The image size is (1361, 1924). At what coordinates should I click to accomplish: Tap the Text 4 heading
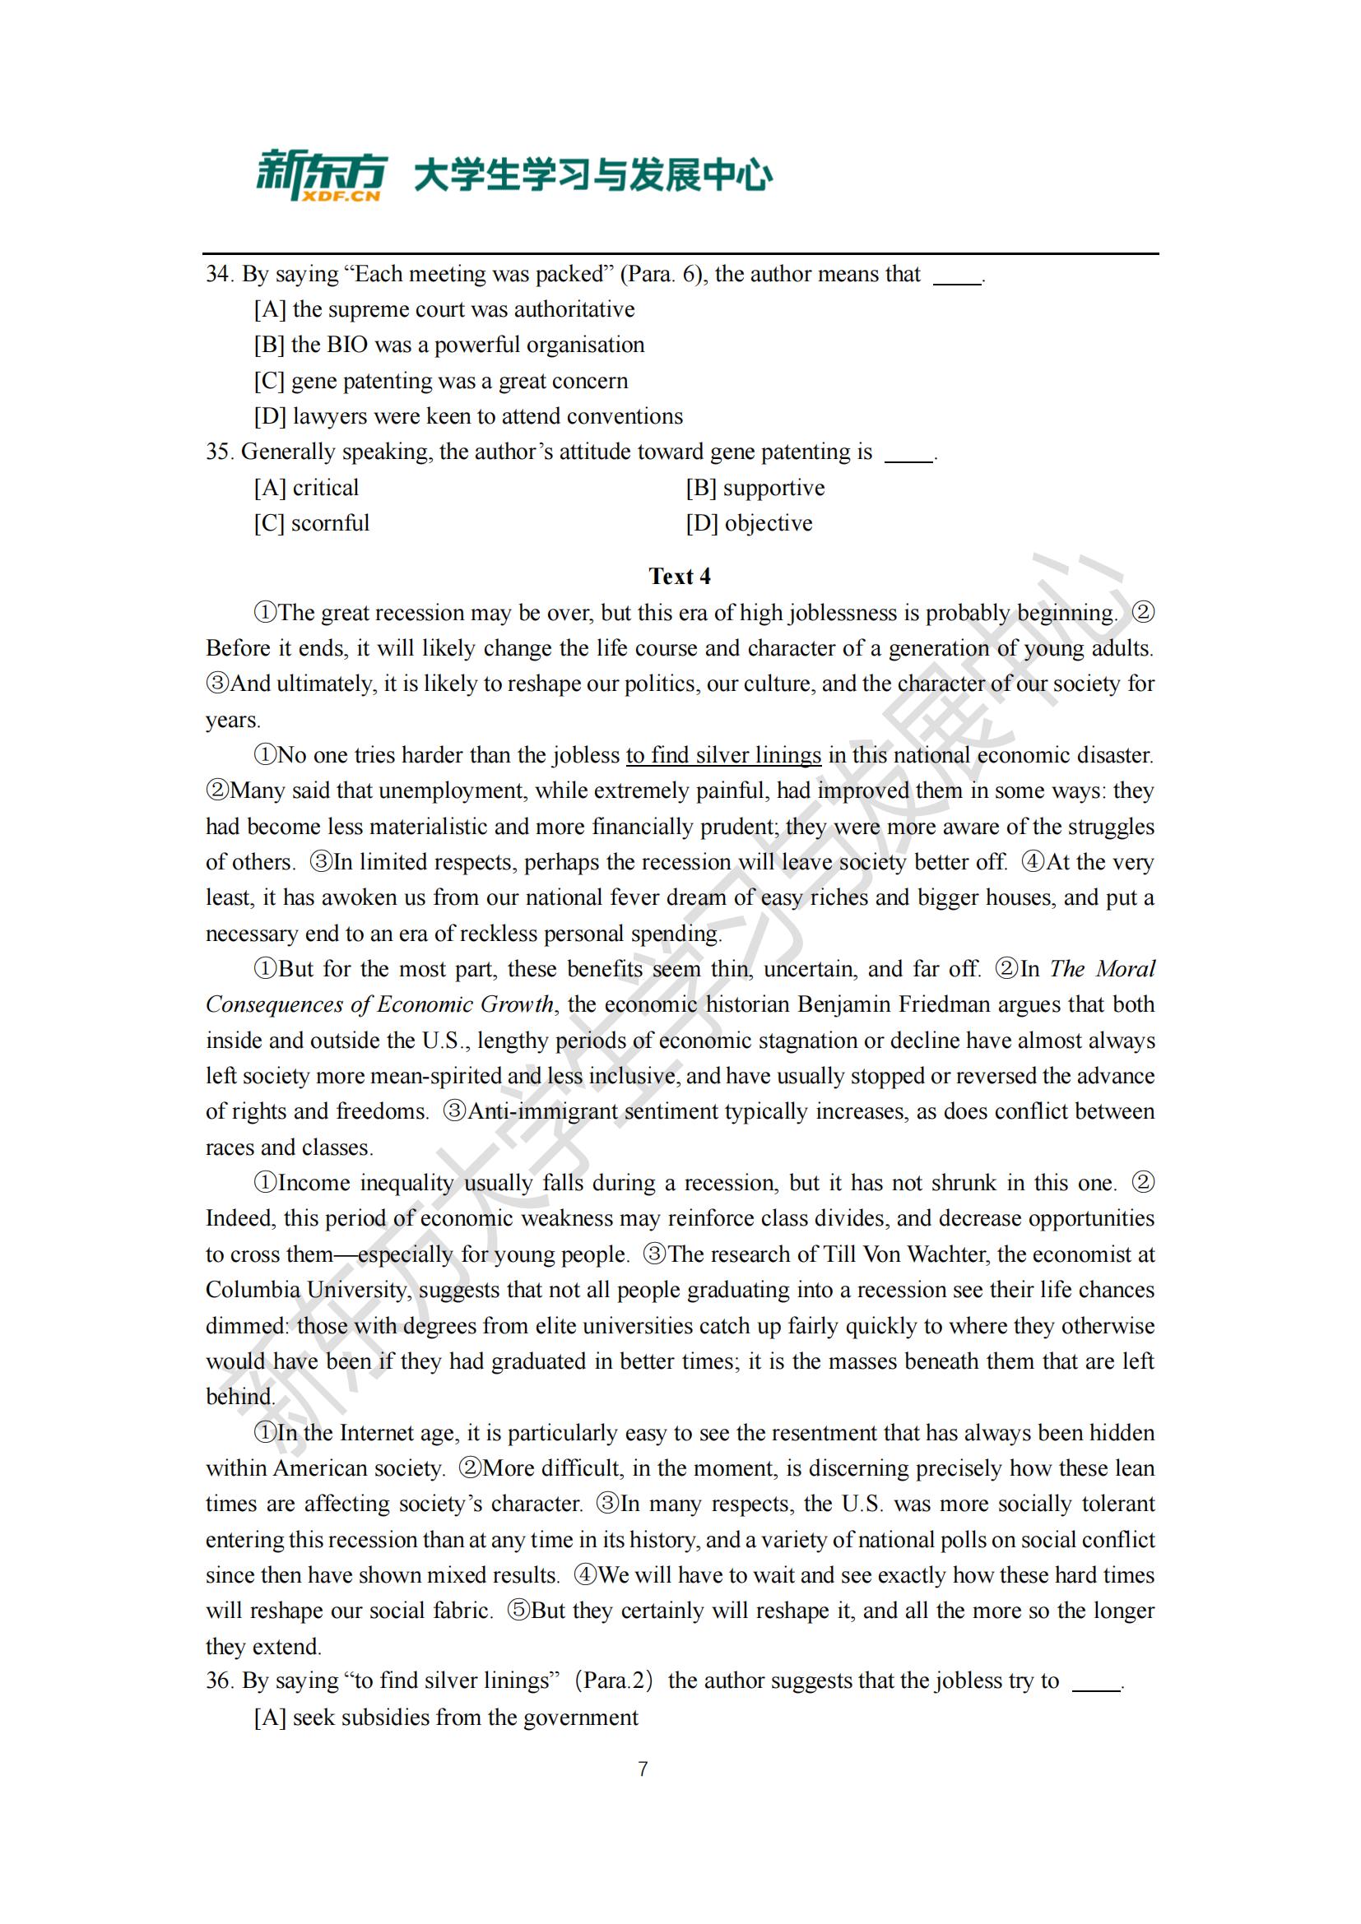(680, 577)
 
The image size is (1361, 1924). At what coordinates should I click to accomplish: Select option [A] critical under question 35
(307, 488)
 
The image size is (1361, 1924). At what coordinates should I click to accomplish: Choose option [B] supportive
(755, 488)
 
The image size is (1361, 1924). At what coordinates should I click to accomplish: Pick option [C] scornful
(312, 524)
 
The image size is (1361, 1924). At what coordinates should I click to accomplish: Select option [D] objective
(750, 524)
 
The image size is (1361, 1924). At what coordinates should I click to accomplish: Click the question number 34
(218, 274)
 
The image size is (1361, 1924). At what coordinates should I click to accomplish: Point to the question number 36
(218, 1681)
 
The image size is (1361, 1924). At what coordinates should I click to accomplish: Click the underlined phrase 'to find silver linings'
(723, 755)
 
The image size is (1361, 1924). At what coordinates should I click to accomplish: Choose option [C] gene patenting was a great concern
(441, 382)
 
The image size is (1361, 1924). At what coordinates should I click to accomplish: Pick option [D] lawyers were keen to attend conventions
(468, 416)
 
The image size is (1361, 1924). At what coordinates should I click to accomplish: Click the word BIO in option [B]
(347, 345)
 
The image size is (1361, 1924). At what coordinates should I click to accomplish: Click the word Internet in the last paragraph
(378, 1432)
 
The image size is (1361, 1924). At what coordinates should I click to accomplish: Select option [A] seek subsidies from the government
(446, 1717)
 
